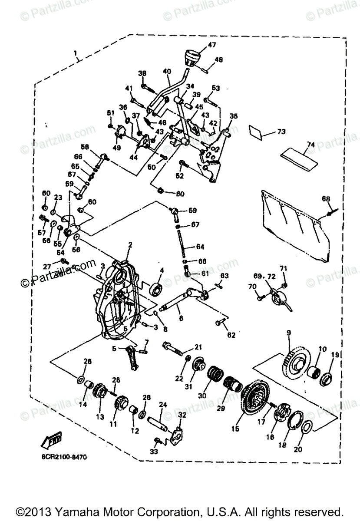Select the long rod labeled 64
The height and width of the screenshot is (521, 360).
tap(183, 245)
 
